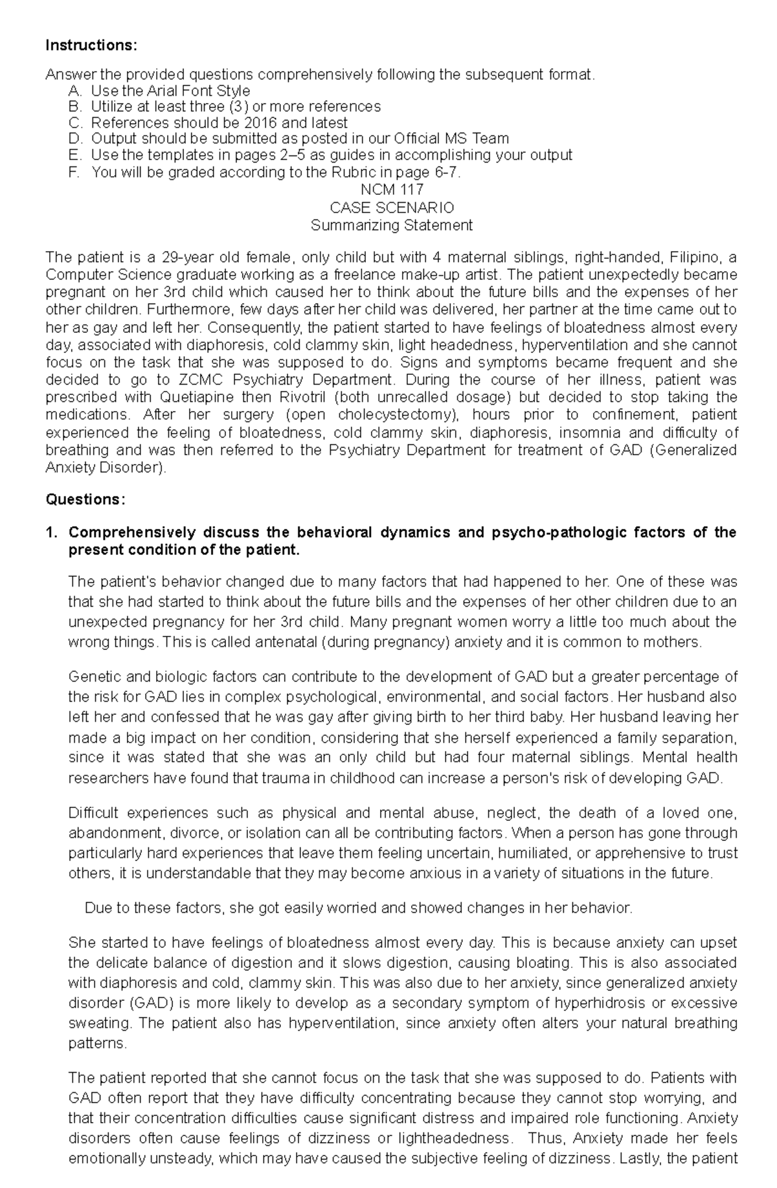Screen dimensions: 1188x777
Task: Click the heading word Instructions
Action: (x=91, y=45)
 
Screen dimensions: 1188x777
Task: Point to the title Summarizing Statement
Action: (x=392, y=226)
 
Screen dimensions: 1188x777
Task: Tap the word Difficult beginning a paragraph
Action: (x=93, y=813)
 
